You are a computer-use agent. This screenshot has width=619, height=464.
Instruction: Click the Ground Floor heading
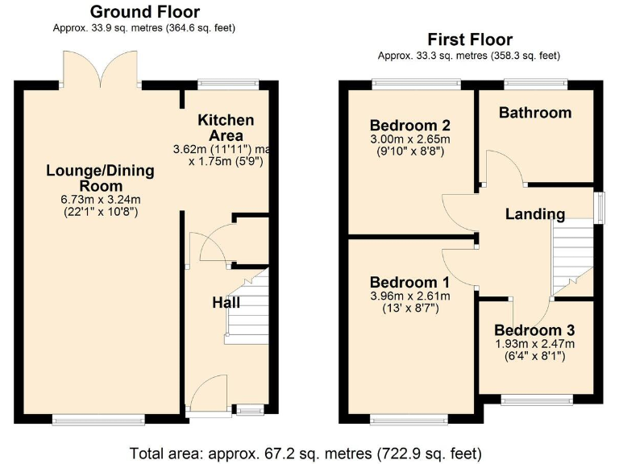point(144,12)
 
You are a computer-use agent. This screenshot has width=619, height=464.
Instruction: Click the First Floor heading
point(469,39)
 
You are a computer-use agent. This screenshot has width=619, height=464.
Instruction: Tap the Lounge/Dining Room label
point(100,178)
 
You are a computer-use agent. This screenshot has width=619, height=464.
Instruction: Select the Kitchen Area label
point(226,127)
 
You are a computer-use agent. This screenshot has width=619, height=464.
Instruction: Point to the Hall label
point(226,302)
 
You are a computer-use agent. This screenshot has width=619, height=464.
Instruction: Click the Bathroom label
point(534,112)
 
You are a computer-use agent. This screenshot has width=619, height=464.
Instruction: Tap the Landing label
point(534,213)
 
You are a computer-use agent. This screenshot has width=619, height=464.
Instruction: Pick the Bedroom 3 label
point(534,330)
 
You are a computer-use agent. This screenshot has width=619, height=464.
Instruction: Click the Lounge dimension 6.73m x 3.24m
point(100,200)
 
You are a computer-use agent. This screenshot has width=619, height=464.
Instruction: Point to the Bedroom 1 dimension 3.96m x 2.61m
point(409,296)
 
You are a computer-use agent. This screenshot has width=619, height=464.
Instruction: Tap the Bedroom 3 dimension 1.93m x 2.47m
point(534,344)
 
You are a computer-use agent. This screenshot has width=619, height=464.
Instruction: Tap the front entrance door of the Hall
point(207,393)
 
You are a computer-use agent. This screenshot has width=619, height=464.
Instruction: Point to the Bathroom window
point(534,83)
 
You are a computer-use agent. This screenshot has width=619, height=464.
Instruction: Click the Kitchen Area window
point(228,83)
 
